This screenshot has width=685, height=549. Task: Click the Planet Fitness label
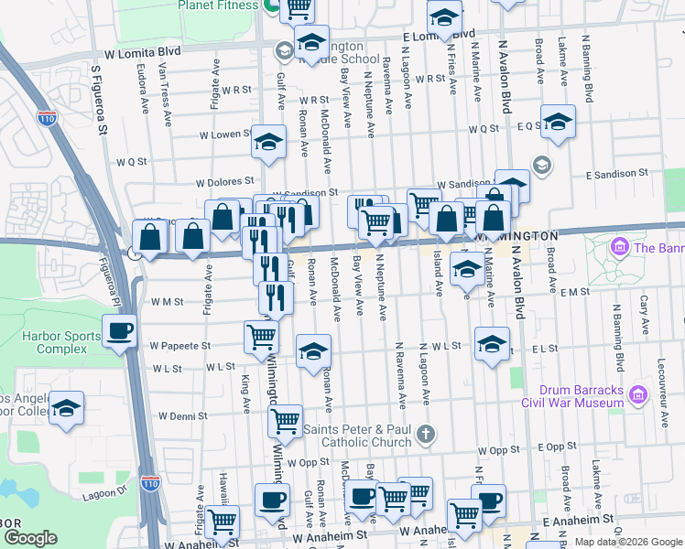216,5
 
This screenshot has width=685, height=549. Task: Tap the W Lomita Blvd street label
143,53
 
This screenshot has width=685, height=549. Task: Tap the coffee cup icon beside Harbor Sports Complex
119,331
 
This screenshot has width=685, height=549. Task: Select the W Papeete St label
180,346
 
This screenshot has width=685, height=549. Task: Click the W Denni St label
183,415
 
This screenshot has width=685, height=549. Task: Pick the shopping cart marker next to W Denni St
285,421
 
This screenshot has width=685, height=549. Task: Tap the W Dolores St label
223,182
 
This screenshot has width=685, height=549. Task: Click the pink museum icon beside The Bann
618,247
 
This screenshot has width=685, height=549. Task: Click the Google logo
31,538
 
